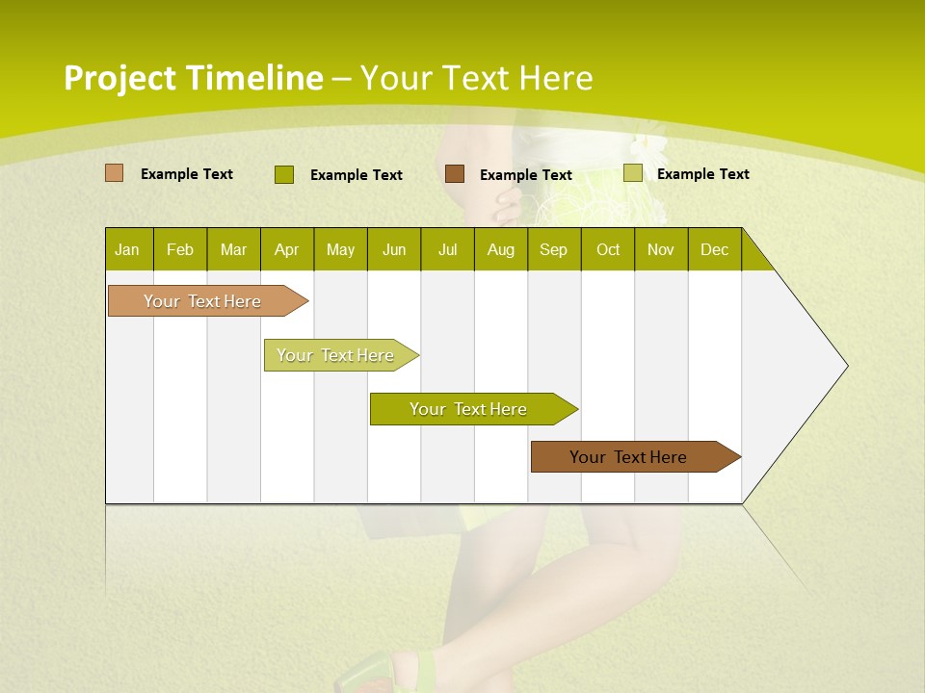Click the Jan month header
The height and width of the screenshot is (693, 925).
click(x=127, y=249)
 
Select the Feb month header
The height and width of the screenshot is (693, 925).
click(x=180, y=249)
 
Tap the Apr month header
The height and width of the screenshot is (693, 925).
click(x=287, y=249)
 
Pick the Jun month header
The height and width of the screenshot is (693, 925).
click(x=394, y=249)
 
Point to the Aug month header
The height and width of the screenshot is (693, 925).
click(x=501, y=249)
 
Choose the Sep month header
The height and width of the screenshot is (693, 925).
click(x=554, y=249)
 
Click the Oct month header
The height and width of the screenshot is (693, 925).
click(x=608, y=249)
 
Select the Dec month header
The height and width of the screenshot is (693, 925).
click(x=715, y=249)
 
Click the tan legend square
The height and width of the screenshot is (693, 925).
click(x=115, y=173)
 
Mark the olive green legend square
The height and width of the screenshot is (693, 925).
click(x=284, y=174)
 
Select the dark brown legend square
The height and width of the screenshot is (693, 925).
click(x=455, y=174)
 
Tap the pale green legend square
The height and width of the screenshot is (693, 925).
click(x=632, y=173)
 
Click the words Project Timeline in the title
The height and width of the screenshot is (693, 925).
click(x=193, y=78)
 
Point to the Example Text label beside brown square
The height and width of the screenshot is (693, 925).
click(x=526, y=175)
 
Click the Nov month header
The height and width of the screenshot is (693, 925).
click(x=661, y=249)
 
